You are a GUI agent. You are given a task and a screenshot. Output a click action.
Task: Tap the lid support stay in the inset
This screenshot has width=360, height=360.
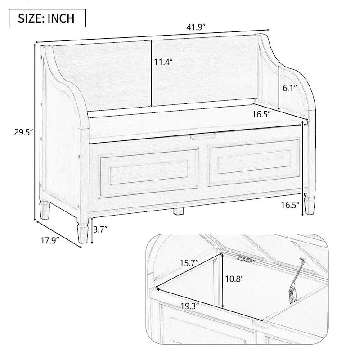click(x=297, y=278)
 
